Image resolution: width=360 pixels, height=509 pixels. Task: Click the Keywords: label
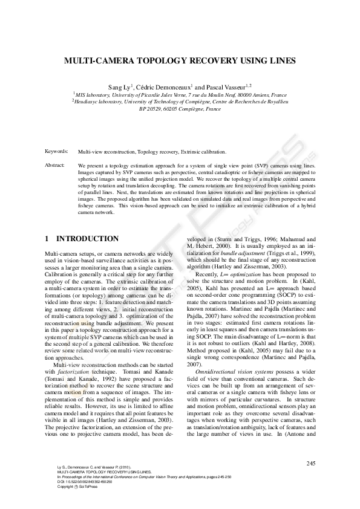[57, 152]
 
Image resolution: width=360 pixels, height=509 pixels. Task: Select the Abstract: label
[55, 164]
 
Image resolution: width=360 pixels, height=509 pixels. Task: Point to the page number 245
[311, 463]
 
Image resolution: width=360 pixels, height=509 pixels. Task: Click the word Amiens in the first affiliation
[260, 95]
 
